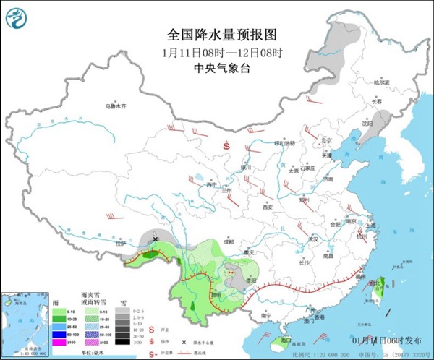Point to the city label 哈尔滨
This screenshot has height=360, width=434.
tap(382, 83)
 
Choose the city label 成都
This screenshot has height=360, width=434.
tap(229, 241)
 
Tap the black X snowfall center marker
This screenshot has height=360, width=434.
tap(156, 238)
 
